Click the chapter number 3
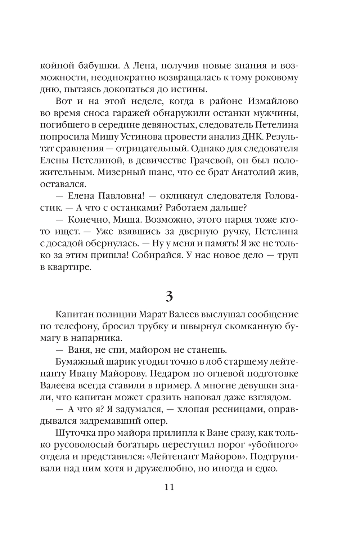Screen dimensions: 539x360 click(169, 297)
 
